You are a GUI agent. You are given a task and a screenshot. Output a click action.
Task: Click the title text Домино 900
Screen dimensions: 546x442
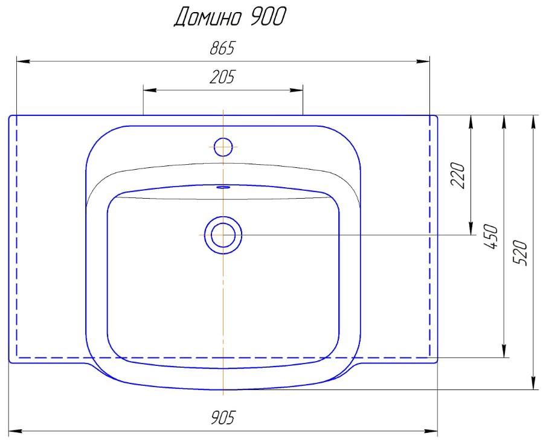pos(230,17)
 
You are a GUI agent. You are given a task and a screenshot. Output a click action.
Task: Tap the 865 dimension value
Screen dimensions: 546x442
pos(223,48)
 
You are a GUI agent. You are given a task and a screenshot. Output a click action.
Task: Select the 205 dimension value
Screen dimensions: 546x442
pos(223,77)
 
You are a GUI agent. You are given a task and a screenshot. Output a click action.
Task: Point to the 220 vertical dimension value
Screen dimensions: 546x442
pos(458,175)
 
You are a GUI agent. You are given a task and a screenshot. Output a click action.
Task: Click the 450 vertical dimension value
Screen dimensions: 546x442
pos(491,237)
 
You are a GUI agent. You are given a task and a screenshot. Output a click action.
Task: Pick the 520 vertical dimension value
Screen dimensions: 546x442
pos(521,253)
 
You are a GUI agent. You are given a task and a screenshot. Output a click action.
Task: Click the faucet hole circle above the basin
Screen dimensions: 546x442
pos(223,147)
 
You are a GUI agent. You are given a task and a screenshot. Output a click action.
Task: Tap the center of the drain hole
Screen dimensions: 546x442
pos(223,235)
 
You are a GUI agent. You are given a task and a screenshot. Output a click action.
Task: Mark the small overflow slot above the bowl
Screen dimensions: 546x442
pos(223,187)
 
